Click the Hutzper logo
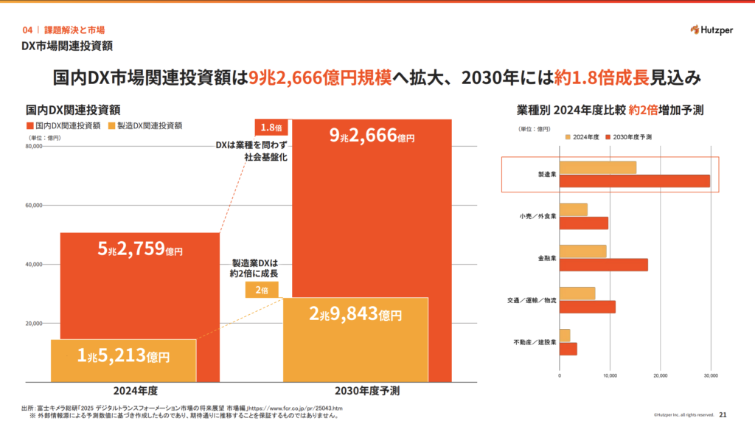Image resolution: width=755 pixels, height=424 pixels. tap(711, 30)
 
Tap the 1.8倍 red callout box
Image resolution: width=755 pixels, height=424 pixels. tap(271, 128)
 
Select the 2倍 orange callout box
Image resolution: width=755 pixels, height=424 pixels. tap(262, 290)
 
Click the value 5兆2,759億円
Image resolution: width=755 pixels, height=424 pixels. tap(139, 249)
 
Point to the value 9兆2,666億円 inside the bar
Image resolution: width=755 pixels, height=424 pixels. tap(372, 136)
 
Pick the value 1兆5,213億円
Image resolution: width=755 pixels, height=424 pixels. tap(123, 356)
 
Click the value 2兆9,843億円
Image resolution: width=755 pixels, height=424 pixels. tap(355, 314)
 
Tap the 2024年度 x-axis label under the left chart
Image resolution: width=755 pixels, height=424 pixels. tap(136, 391)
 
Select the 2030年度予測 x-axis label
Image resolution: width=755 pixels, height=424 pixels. tap(367, 391)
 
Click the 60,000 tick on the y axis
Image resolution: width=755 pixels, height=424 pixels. tap(34, 205)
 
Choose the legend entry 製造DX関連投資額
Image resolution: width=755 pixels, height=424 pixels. tap(145, 126)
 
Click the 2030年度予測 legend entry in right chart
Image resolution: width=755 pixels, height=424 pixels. tap(628, 137)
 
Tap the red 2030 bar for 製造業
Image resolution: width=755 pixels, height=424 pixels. tap(635, 181)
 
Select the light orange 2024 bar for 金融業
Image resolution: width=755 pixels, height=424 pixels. tap(582, 251)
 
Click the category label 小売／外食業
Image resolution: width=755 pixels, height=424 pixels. tap(537, 216)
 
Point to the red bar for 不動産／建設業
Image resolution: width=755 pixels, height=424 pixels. tap(568, 349)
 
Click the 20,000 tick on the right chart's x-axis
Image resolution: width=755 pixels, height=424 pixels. tap(660, 375)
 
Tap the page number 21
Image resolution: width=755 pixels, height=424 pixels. tap(723, 414)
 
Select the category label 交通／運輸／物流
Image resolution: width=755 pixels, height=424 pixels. tap(532, 300)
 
